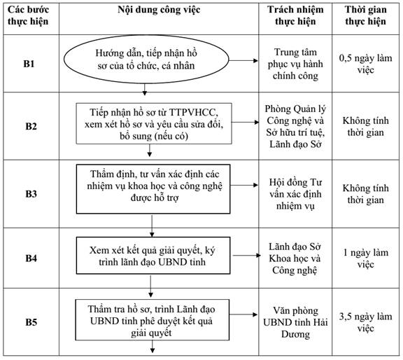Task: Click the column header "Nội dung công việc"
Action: point(159,10)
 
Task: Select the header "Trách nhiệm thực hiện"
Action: point(295,15)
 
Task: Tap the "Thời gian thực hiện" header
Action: point(365,15)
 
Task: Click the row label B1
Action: point(29,64)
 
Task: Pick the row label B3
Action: point(31,193)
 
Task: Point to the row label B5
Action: point(31,322)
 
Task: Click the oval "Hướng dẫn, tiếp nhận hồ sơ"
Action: point(146,60)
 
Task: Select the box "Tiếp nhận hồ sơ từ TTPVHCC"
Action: point(154,123)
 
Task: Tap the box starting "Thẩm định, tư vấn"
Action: point(153,189)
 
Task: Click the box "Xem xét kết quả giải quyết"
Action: point(153,256)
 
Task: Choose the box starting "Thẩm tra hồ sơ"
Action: point(152,320)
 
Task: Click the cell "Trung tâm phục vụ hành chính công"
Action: point(295,64)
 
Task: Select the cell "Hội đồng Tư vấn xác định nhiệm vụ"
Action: point(295,194)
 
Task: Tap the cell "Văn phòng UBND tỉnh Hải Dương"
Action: point(295,322)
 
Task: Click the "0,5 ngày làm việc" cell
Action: point(365,64)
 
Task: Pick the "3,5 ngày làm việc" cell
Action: point(365,322)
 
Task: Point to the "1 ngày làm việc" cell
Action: point(365,258)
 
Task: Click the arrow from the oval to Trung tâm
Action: point(243,61)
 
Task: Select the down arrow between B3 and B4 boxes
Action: point(152,226)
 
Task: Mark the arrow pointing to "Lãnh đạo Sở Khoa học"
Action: point(247,255)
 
